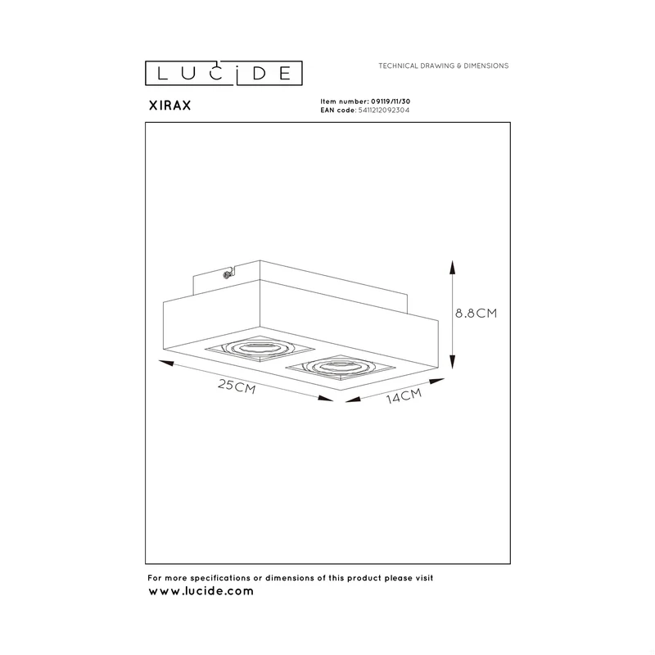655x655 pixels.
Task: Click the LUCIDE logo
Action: click(x=224, y=73)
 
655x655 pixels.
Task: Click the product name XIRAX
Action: click(x=170, y=106)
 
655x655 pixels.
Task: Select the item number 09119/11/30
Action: click(x=391, y=102)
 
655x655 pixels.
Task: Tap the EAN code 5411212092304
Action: click(x=384, y=111)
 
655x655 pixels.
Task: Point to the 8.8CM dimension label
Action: click(x=477, y=314)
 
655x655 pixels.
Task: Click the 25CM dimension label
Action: click(x=237, y=386)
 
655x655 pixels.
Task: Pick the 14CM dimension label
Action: click(x=404, y=396)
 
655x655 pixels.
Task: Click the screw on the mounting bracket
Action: click(x=227, y=274)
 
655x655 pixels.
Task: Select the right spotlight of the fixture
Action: click(x=341, y=368)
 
